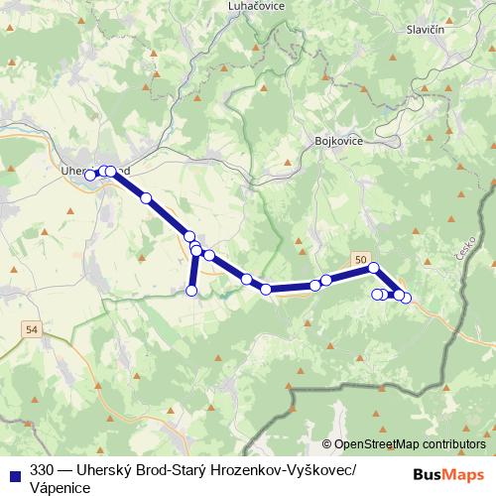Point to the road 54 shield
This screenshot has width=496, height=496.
pos(33,329)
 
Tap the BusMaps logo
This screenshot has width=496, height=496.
pos(447,474)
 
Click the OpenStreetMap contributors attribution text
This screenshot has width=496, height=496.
pos(410,445)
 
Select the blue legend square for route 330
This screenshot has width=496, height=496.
pos(13,469)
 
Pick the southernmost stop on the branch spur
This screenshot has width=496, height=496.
pos(191,290)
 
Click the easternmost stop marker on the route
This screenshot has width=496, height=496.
pos(405,298)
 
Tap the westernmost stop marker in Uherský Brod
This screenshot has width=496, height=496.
pos(89,176)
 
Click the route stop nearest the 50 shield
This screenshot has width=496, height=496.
pos(373,268)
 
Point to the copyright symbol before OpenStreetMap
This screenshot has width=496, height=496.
pos(326,445)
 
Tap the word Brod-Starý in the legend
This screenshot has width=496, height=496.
pos(177,469)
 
